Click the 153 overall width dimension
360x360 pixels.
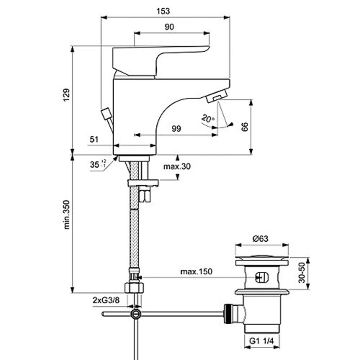point(164,11)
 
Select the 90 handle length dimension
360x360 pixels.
point(169,27)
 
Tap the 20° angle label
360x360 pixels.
point(208,119)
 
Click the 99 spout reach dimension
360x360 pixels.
point(175,129)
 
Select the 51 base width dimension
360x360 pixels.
point(94,139)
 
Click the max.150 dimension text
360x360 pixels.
point(196,271)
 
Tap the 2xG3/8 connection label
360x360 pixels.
point(106,300)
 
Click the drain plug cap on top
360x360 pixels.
point(261,262)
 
